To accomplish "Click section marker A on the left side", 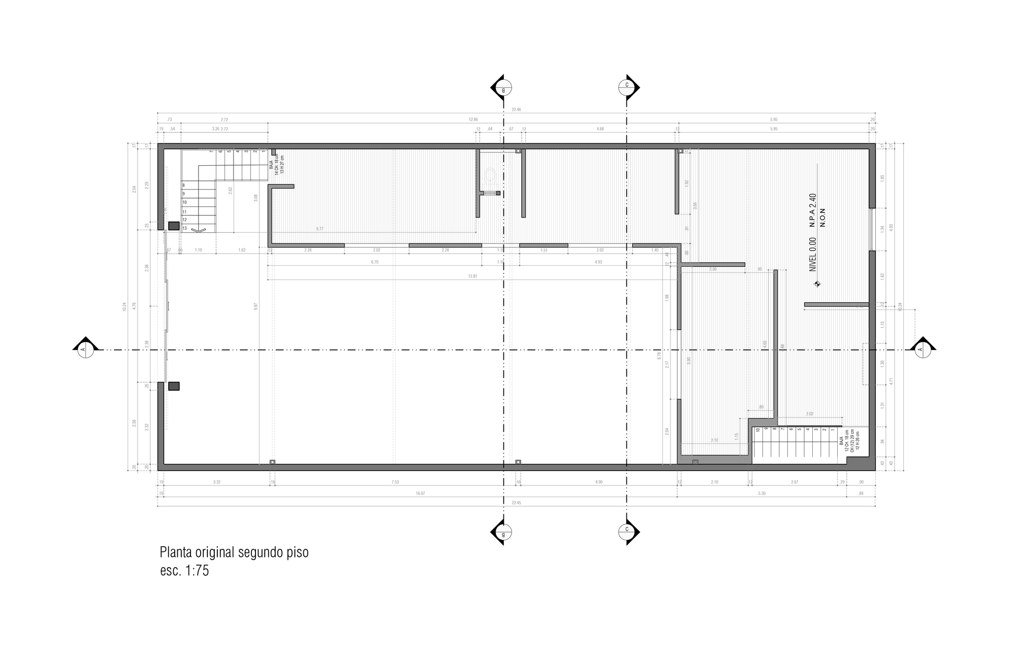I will coord(84,349).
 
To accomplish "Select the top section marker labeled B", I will coord(503,88).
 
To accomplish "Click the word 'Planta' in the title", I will coord(176,552).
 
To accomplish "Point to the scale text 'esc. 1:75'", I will coord(184,571).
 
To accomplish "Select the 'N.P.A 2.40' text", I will coord(812,210).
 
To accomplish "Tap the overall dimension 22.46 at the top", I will coord(517,109).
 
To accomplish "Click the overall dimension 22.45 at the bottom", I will coord(516,503).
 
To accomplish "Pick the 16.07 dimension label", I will coord(420,493).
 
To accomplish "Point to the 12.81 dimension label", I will coord(472,276).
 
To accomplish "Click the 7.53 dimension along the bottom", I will coord(395,482).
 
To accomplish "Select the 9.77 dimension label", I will coord(320,229).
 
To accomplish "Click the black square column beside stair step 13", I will coord(174,226).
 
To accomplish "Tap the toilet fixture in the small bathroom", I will coord(490,176).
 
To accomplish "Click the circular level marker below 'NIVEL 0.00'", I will coord(817,284).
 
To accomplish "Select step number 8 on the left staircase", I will coord(184,185).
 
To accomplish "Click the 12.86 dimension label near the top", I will coord(473,119).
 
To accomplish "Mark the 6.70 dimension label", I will coord(375,262).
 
